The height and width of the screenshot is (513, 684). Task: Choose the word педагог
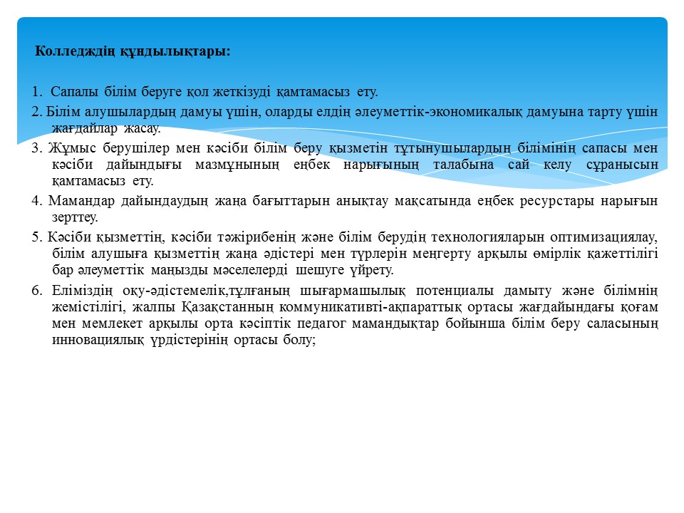click(x=385, y=323)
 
